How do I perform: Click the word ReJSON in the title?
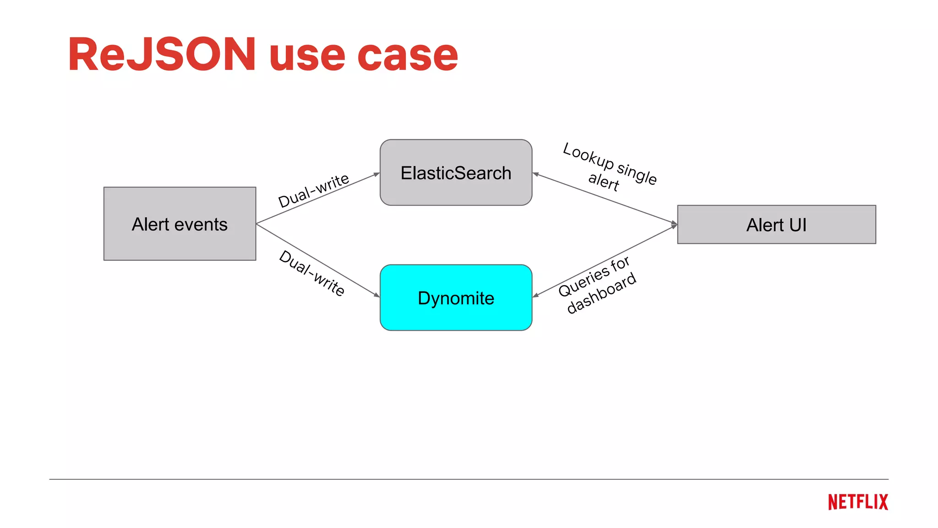pyautogui.click(x=162, y=55)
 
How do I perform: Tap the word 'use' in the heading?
pyautogui.click(x=307, y=57)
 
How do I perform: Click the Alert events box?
pyautogui.click(x=180, y=224)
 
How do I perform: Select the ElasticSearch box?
pyautogui.click(x=456, y=173)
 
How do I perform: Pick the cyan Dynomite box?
pyautogui.click(x=456, y=298)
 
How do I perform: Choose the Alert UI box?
pyautogui.click(x=776, y=225)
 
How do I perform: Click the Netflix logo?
pyautogui.click(x=858, y=502)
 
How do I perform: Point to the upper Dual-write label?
pyautogui.click(x=314, y=190)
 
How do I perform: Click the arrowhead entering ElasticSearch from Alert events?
pyautogui.click(x=377, y=174)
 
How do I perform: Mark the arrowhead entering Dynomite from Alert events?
pyautogui.click(x=377, y=295)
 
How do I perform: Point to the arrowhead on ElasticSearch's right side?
pyautogui.click(x=535, y=174)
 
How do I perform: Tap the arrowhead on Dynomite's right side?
pyautogui.click(x=535, y=296)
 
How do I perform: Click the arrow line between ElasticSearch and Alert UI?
pyautogui.click(x=605, y=198)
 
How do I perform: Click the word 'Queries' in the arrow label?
pyautogui.click(x=583, y=282)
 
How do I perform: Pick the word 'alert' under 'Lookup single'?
pyautogui.click(x=604, y=181)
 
